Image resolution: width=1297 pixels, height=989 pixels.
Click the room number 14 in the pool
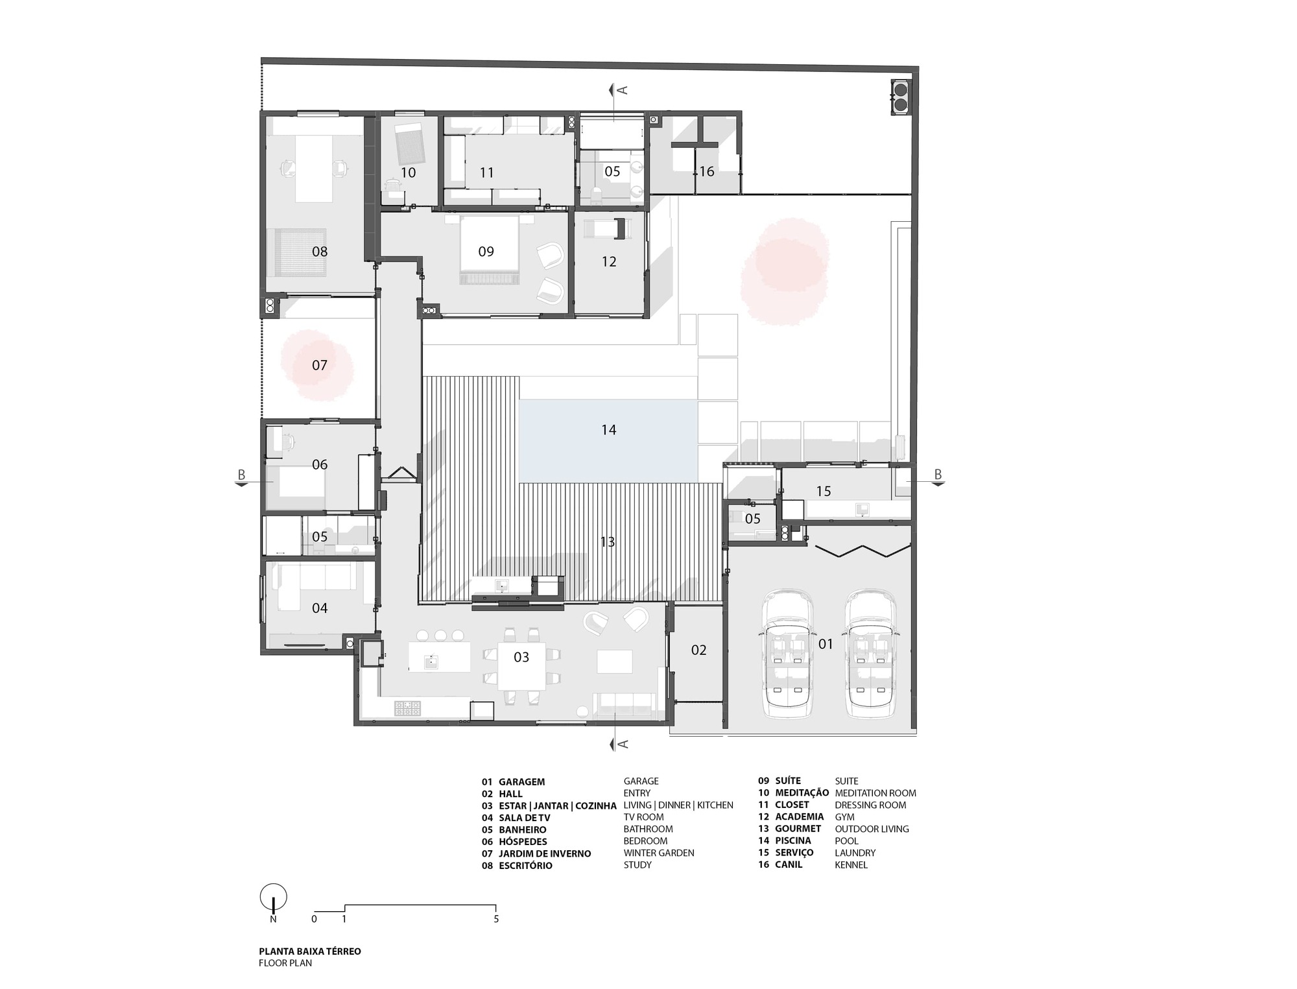click(608, 429)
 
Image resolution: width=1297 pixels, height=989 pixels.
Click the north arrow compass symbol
click(273, 898)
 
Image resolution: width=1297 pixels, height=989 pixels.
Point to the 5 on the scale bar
click(496, 919)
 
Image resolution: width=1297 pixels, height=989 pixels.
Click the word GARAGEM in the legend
click(521, 782)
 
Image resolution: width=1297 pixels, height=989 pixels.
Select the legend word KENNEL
click(851, 865)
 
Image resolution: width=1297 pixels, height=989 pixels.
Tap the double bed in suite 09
click(489, 250)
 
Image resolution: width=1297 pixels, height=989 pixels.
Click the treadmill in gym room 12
click(608, 229)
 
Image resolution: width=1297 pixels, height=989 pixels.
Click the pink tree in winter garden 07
click(317, 365)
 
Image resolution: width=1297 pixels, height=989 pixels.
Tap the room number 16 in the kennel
click(706, 171)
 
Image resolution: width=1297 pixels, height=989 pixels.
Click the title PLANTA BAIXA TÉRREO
click(310, 951)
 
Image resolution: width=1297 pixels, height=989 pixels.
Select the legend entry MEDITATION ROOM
click(875, 793)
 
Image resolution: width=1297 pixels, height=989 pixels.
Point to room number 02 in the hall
click(698, 650)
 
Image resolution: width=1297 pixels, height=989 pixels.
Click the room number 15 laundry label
click(824, 491)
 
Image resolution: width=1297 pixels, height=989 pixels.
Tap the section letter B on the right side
click(938, 475)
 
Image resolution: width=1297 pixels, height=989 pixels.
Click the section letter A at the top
click(623, 89)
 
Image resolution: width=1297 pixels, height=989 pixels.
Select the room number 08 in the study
click(320, 252)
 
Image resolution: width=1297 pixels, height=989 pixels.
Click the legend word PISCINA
click(792, 841)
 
